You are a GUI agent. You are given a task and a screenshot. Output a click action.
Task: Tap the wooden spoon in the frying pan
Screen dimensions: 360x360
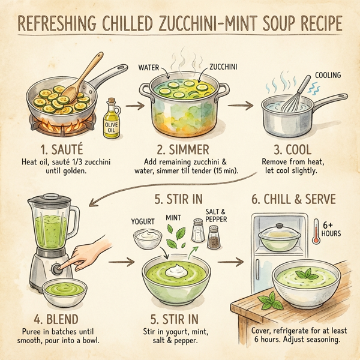point(77,76)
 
